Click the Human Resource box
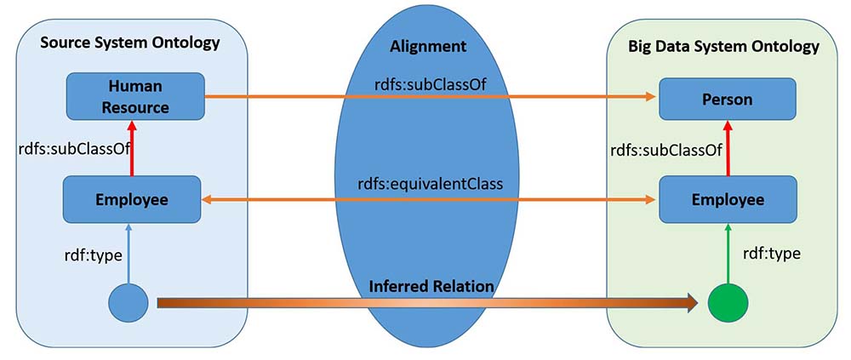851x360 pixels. click(135, 97)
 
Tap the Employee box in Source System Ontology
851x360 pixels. click(131, 199)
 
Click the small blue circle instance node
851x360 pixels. click(129, 302)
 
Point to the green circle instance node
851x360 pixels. click(728, 302)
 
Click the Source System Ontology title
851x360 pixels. click(130, 42)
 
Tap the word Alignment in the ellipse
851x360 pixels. click(427, 46)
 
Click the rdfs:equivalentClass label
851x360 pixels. click(431, 182)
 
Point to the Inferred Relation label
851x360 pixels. click(431, 286)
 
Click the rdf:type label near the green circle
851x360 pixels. click(771, 253)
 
